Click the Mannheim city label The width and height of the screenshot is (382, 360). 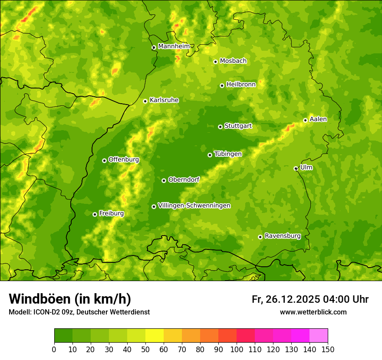coord(174,46)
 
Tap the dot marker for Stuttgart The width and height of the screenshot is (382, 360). coord(220,127)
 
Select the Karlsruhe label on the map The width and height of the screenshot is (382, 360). coord(164,100)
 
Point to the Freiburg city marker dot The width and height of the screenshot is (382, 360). coord(95,214)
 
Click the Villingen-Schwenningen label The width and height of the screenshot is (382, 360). coord(194,206)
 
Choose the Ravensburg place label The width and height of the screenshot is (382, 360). coord(282,236)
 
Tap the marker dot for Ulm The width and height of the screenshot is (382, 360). coord(296,168)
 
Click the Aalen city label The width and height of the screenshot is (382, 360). coord(318,119)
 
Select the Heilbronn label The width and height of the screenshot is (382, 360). coord(241,85)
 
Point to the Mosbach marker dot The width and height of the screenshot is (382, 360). coord(215,62)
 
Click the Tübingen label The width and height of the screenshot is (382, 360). coord(227,154)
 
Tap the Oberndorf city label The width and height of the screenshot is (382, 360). coord(184,180)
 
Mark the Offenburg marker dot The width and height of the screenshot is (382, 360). coord(104,160)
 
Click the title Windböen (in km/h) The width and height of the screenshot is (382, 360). coord(70,299)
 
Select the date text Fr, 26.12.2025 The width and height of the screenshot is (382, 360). coord(286,299)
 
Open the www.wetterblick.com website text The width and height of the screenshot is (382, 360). coord(313,312)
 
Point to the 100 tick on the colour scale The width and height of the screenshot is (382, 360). coord(237,349)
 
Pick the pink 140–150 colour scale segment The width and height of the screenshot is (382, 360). coord(318,335)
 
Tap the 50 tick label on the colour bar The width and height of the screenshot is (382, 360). coord(145,349)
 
